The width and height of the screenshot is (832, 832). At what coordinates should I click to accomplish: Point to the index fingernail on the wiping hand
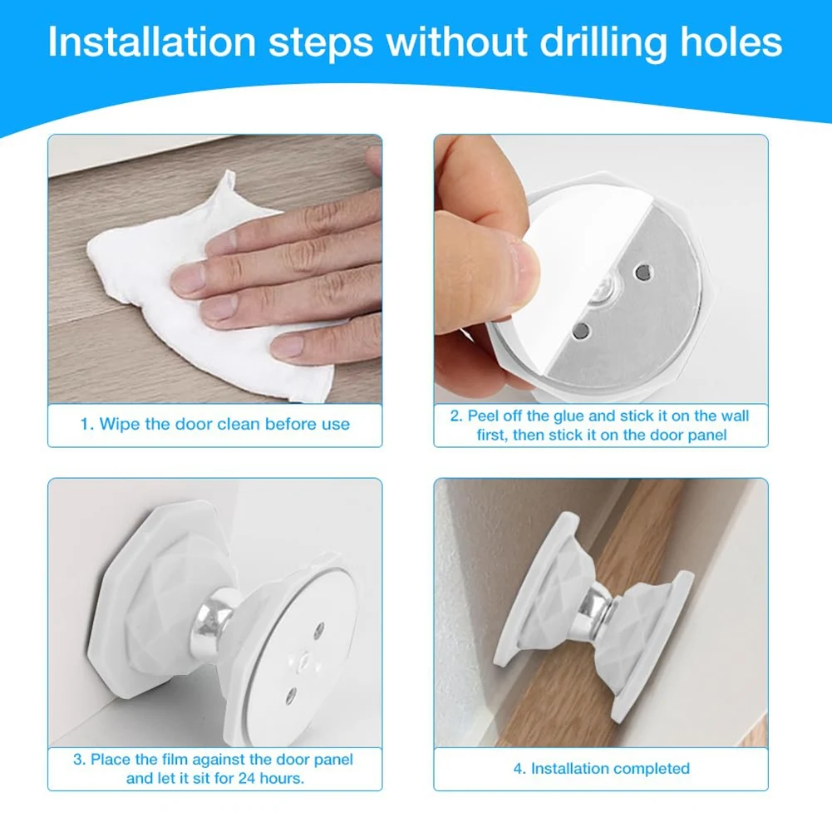pos(188,279)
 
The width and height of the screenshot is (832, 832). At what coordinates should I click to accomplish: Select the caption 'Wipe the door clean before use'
pos(214,424)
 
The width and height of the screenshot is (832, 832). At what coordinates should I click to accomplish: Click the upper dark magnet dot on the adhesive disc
pos(642,272)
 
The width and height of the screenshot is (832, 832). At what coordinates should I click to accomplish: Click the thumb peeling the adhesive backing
pos(490,274)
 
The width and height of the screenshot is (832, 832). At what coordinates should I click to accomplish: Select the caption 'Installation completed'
pos(601,769)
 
